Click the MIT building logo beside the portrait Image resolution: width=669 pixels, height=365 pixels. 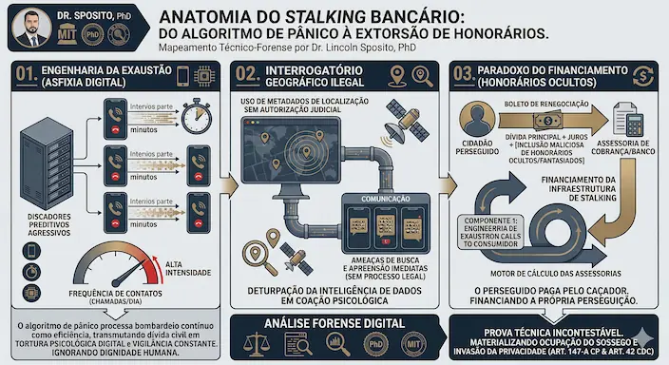pos(67,35)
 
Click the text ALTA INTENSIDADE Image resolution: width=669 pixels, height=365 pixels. pos(187,271)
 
